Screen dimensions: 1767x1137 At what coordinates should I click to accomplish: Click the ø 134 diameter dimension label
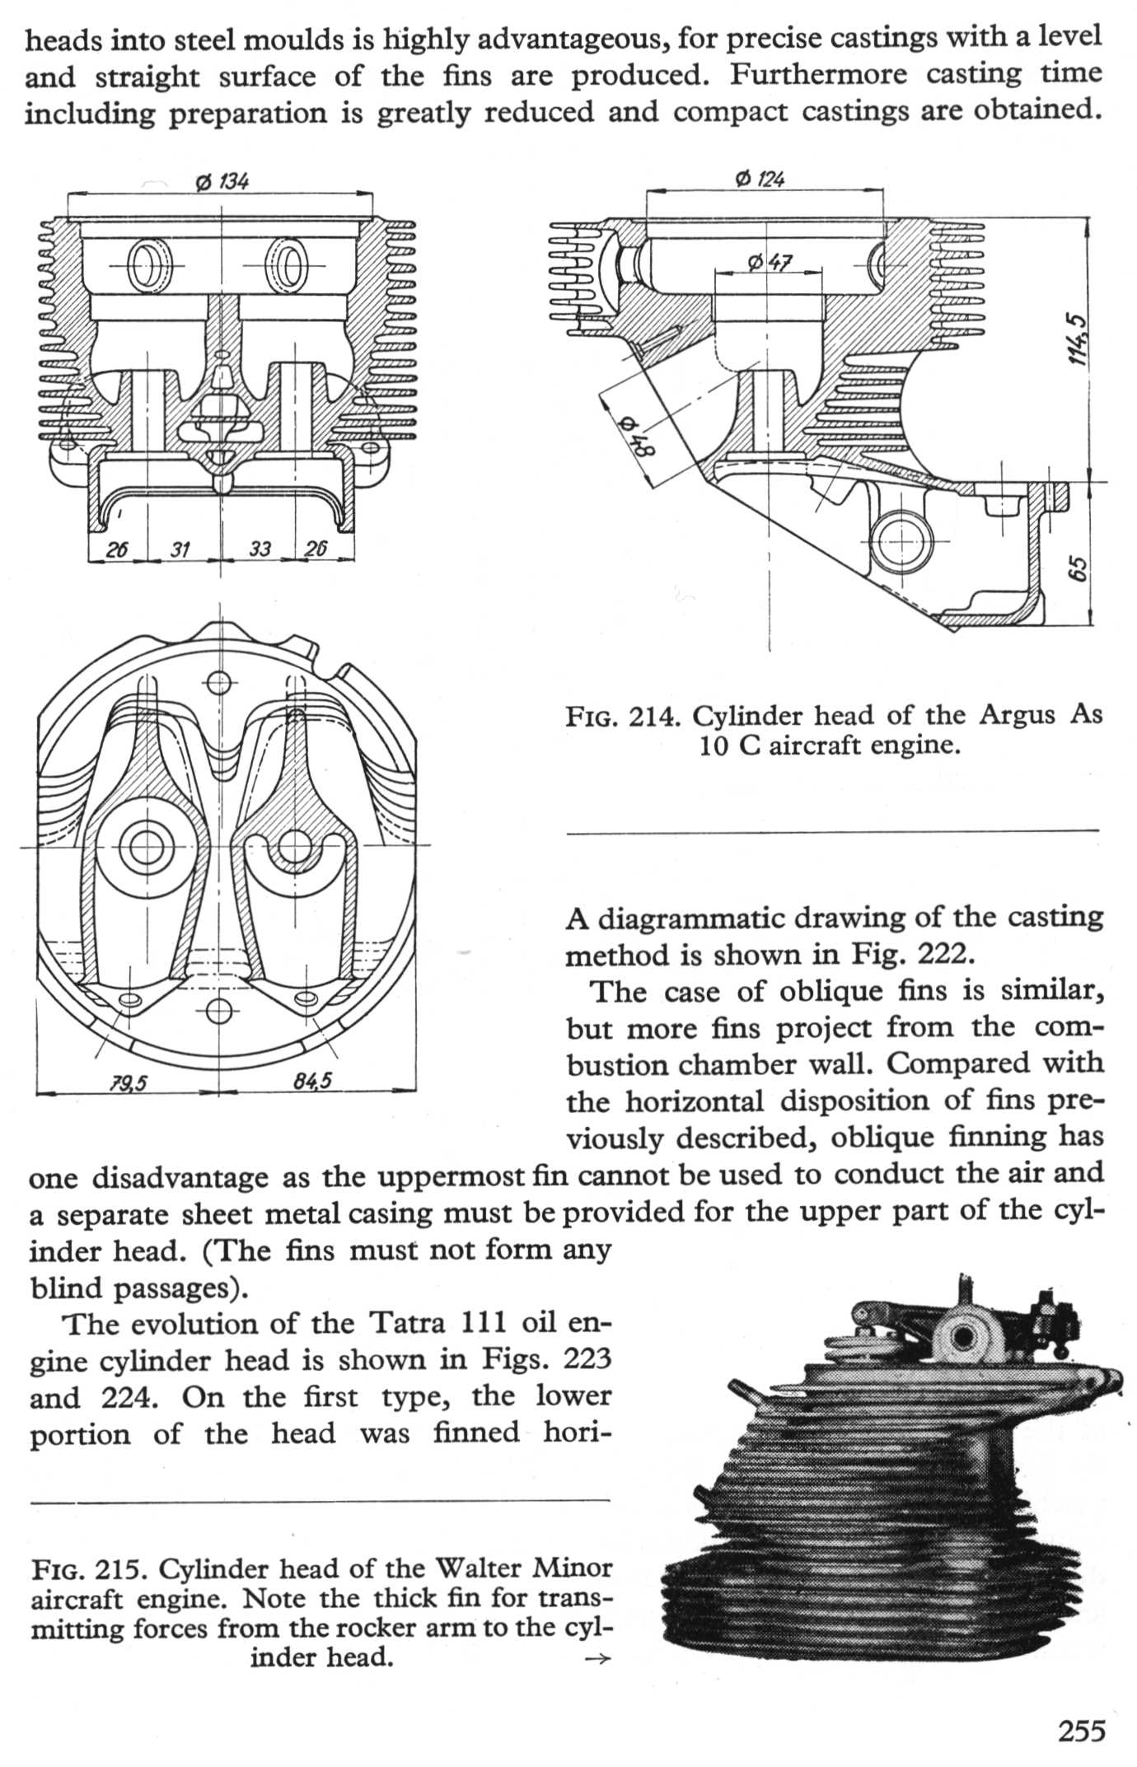coord(222,181)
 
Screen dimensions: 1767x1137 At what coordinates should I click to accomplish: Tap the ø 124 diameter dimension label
coord(759,178)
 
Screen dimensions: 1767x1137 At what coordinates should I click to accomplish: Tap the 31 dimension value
coord(180,549)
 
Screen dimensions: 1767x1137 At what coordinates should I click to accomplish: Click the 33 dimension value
coord(260,549)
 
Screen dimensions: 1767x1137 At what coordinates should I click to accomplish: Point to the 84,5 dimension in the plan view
coord(313,1080)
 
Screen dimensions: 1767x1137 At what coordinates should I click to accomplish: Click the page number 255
coord(1080,1732)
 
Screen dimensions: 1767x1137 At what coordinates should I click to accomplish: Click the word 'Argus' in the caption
coord(1016,714)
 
